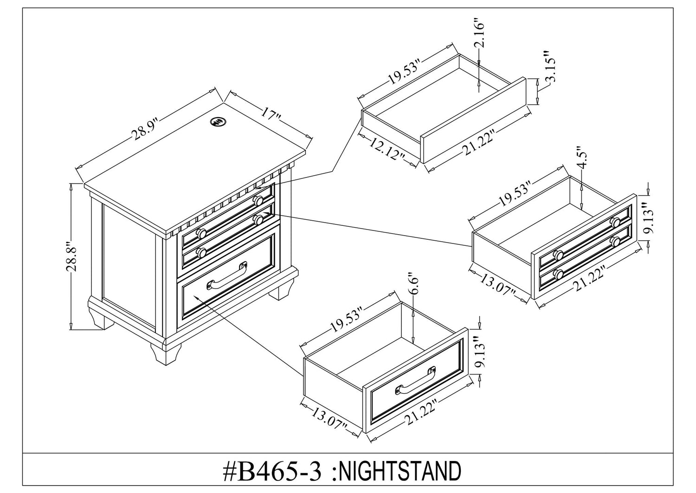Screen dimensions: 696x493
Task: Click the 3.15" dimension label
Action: click(551, 67)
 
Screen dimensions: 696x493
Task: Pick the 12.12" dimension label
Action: click(388, 150)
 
